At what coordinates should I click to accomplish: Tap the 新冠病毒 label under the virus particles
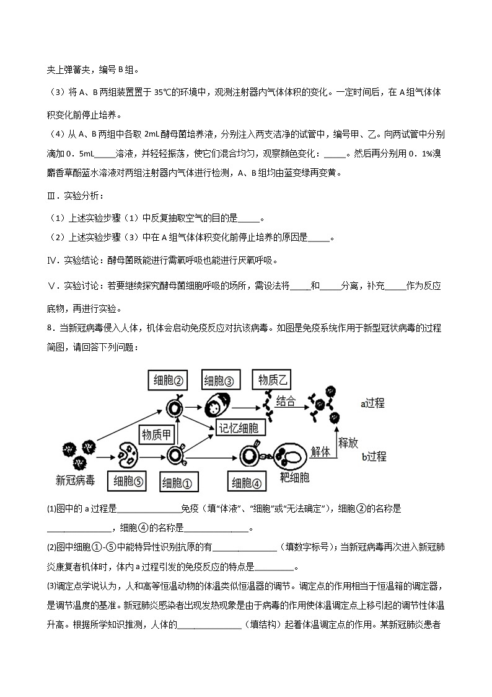click(x=76, y=480)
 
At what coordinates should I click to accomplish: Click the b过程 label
click(x=374, y=457)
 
